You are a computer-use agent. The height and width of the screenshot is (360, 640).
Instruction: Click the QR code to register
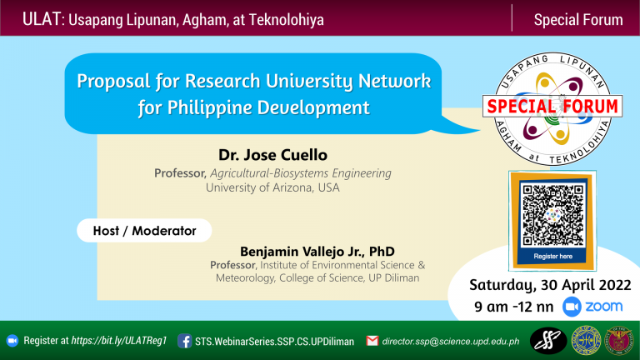pos(552,213)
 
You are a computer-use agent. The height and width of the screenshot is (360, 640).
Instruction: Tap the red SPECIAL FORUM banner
pos(552,107)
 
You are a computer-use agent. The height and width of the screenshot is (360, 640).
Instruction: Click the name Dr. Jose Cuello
pos(272,155)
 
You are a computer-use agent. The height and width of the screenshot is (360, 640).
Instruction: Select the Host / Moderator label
pos(143,230)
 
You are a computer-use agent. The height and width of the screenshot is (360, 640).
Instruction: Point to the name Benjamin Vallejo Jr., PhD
pos(317,251)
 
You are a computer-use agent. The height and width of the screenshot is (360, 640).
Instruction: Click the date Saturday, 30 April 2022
pos(549,285)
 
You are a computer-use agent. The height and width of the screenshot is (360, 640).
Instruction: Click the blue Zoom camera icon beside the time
pos(572,307)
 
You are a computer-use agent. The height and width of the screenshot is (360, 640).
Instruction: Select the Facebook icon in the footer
pos(184,341)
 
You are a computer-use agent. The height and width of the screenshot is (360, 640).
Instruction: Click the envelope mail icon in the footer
pos(372,341)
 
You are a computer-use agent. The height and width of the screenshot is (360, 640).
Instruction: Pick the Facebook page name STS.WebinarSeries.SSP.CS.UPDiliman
pos(274,341)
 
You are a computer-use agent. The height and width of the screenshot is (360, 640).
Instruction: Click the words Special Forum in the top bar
pos(577,18)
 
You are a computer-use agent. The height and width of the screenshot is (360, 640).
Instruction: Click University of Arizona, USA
pos(272,187)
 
